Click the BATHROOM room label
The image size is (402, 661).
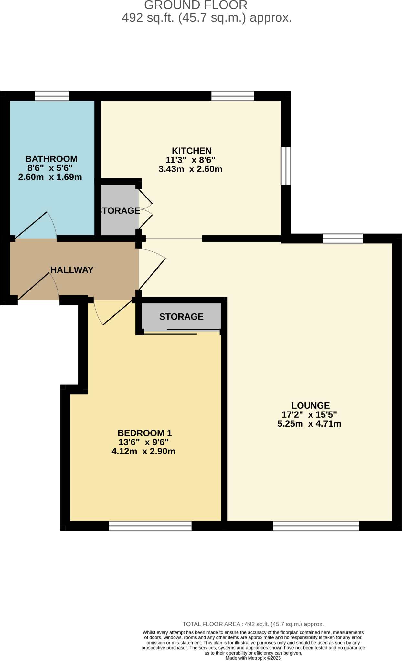(x=51, y=159)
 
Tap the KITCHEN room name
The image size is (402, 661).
(x=192, y=151)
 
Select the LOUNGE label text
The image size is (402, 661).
(x=311, y=405)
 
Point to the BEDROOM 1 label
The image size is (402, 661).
(x=144, y=433)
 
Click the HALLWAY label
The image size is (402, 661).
(x=72, y=270)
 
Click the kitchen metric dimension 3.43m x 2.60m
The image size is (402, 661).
(x=190, y=169)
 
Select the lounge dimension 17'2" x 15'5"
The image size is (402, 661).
(x=309, y=415)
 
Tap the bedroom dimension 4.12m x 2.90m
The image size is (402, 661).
(x=143, y=451)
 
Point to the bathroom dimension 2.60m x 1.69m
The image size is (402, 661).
(x=50, y=177)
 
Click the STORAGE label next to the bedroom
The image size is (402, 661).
(x=181, y=317)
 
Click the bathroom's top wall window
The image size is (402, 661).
(x=52, y=96)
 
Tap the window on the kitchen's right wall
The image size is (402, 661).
(x=286, y=166)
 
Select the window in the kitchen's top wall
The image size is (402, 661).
(x=233, y=96)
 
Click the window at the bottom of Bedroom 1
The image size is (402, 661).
(x=150, y=526)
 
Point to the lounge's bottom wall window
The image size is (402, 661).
(x=316, y=526)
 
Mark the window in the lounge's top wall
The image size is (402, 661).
(x=343, y=239)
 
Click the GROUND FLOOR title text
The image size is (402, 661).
(x=196, y=5)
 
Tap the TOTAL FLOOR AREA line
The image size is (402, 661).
(x=253, y=624)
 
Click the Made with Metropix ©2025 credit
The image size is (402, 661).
(x=253, y=658)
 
